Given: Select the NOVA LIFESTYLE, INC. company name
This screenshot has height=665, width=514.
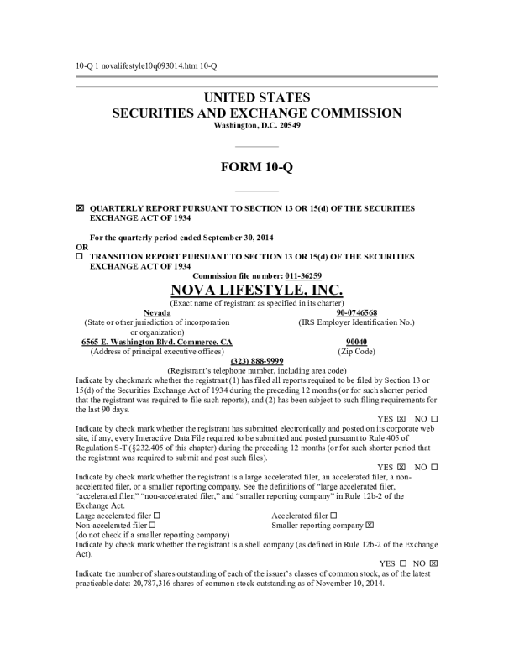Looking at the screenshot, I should click(256, 290).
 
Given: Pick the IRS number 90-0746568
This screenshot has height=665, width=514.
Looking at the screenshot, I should click(357, 312).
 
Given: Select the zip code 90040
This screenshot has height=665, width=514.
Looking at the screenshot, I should click(357, 342).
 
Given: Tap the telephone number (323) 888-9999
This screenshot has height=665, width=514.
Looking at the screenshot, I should click(256, 360).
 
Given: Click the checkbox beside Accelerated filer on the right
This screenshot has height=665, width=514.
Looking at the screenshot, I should click(334, 515).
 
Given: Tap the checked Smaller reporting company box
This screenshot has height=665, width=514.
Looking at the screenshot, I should click(370, 525).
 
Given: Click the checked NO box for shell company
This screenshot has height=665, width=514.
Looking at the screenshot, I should click(433, 563).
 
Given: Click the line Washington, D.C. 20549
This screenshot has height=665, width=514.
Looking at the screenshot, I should click(256, 125).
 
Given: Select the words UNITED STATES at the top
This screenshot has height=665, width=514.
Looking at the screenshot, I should click(256, 97).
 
